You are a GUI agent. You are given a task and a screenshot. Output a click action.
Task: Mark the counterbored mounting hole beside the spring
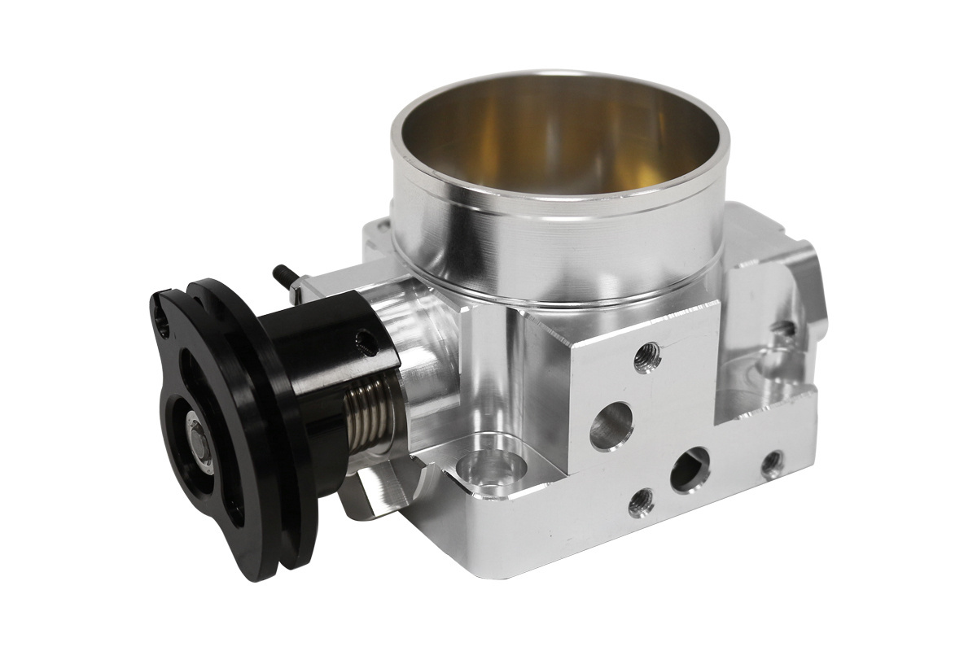pos(488,470)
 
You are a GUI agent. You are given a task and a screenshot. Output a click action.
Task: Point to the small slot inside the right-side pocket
pos(783,329)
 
